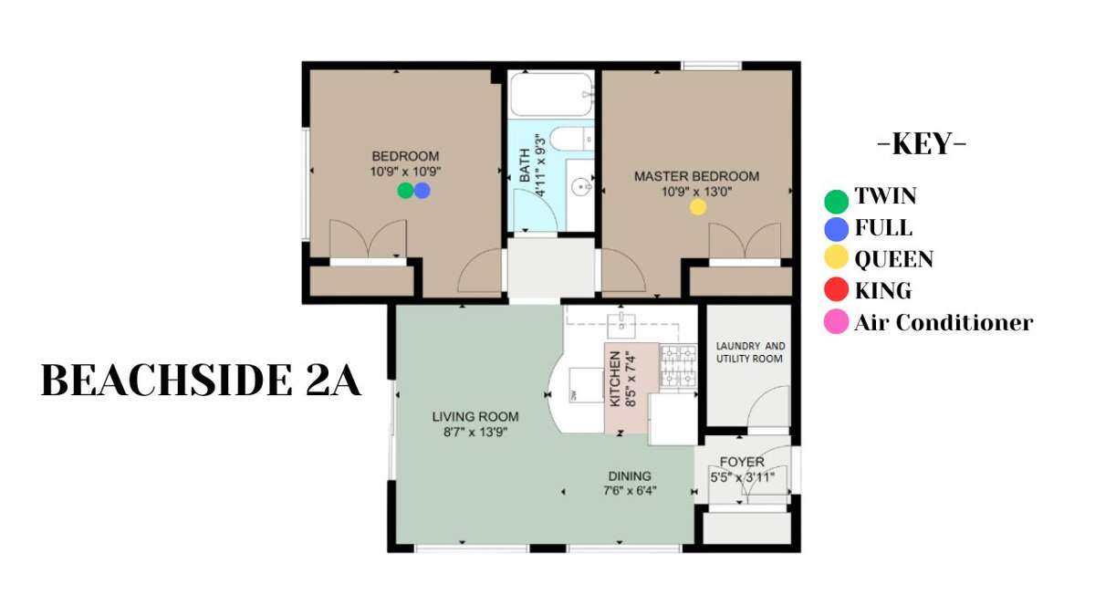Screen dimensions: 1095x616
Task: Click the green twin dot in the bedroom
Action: pyautogui.click(x=405, y=190)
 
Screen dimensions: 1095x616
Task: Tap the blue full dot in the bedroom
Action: pyautogui.click(x=422, y=190)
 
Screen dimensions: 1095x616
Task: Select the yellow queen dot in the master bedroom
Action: pyautogui.click(x=698, y=207)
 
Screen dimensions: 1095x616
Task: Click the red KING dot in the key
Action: pyautogui.click(x=837, y=289)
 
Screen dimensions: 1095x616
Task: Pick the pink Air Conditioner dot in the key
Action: pyautogui.click(x=837, y=321)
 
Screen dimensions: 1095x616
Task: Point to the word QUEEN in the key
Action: pyautogui.click(x=894, y=259)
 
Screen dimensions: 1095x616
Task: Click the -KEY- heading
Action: pyautogui.click(x=922, y=144)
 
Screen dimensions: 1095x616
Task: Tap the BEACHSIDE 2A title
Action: pyautogui.click(x=201, y=381)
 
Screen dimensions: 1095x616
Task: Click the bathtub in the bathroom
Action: pyautogui.click(x=551, y=94)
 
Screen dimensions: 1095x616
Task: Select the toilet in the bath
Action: pyautogui.click(x=572, y=139)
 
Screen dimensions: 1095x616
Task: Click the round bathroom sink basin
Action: pyautogui.click(x=580, y=187)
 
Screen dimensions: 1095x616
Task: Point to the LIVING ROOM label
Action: pyautogui.click(x=475, y=416)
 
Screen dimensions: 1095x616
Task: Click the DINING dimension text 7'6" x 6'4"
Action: pyautogui.click(x=631, y=490)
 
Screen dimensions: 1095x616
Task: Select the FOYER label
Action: pyautogui.click(x=742, y=462)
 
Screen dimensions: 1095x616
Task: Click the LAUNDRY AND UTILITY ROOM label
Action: pyautogui.click(x=750, y=352)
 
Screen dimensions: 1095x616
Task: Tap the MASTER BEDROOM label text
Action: pyautogui.click(x=696, y=176)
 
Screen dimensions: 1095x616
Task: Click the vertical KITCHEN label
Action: pyautogui.click(x=615, y=379)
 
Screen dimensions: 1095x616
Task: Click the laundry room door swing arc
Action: pyautogui.click(x=759, y=398)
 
